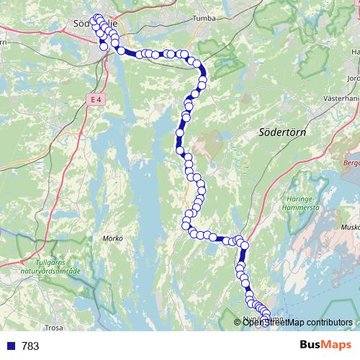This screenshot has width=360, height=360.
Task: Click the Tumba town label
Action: click(x=205, y=19)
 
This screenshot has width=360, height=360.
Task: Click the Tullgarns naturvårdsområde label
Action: click(x=61, y=268)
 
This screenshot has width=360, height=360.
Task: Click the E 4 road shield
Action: click(x=96, y=99)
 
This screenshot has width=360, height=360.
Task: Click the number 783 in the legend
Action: click(x=31, y=346)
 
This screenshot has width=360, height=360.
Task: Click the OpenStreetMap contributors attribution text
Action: click(x=297, y=322)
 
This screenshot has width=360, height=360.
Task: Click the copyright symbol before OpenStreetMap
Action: click(x=238, y=322)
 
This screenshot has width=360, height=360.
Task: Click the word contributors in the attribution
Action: click(x=327, y=322)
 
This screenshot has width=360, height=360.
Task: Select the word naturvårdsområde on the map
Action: click(x=61, y=272)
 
